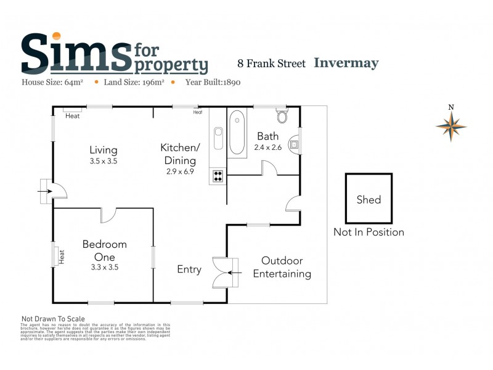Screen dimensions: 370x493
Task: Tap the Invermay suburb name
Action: point(346,63)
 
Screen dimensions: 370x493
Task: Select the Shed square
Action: point(369,199)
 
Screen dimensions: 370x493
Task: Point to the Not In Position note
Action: point(369,232)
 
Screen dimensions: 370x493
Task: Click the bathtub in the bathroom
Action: point(237,132)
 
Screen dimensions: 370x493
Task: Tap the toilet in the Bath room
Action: point(282,116)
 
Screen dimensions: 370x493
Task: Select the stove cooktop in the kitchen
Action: point(218,176)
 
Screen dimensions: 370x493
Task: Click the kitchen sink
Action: point(218,138)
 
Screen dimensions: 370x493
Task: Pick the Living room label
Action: point(103,150)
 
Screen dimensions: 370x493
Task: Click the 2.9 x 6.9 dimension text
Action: point(180,171)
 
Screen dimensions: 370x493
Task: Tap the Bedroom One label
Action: point(104,250)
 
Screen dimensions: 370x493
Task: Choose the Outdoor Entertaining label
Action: point(282,268)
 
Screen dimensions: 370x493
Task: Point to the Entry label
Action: point(189,269)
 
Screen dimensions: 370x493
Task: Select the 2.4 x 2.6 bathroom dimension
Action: point(267,147)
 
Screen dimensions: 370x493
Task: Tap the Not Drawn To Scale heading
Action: point(53,319)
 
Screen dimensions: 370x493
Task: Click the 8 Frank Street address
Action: point(272,64)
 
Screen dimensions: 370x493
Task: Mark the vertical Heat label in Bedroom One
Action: point(61,256)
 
